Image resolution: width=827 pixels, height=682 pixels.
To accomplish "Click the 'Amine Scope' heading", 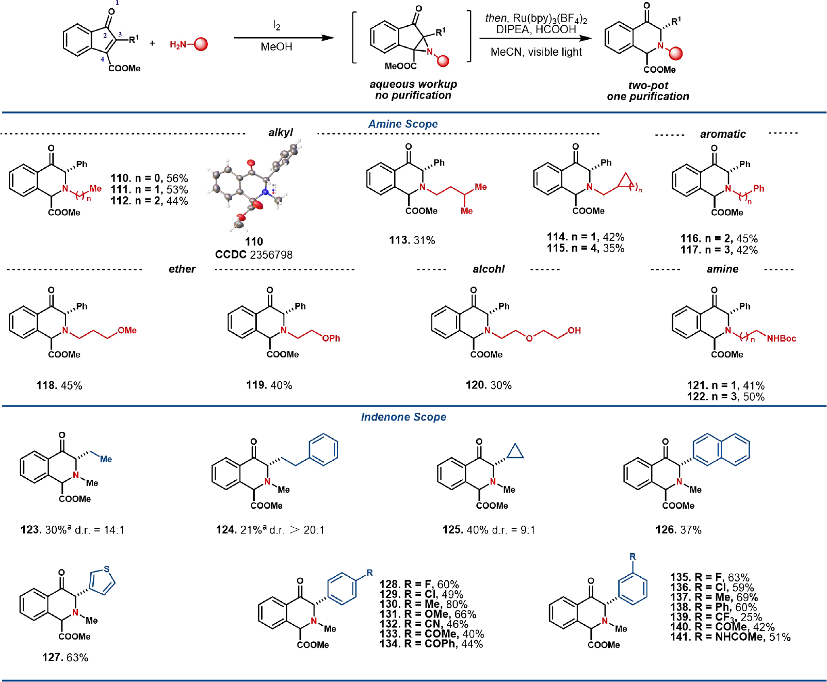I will [x=403, y=124].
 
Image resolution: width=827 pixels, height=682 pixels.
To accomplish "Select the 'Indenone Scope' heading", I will [x=403, y=417].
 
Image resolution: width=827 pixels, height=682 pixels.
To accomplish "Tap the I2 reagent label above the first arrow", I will [x=277, y=25].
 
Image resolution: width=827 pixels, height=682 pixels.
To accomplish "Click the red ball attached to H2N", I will [x=201, y=44].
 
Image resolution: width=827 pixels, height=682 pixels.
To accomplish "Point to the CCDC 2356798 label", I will [x=254, y=255].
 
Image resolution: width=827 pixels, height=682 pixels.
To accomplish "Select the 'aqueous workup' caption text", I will [x=413, y=84].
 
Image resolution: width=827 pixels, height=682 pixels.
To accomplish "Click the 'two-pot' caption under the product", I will [x=648, y=86].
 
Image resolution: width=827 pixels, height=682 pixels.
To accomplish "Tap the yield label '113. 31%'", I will [x=412, y=240].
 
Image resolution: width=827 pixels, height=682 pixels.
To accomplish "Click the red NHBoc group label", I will [x=781, y=338].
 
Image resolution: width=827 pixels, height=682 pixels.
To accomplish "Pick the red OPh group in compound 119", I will [x=331, y=338].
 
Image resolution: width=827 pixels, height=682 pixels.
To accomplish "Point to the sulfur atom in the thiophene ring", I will [x=107, y=570].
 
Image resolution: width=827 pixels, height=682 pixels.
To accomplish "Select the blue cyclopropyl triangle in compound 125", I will [x=515, y=452].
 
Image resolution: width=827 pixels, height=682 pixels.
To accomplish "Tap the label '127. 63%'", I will [x=66, y=657].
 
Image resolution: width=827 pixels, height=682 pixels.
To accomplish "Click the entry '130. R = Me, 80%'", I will [x=424, y=604].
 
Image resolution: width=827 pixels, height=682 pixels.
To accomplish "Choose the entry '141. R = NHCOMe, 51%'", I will [x=731, y=637].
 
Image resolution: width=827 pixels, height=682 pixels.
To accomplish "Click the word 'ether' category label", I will [x=182, y=269].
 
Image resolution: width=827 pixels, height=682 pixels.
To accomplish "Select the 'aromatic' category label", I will [x=723, y=134].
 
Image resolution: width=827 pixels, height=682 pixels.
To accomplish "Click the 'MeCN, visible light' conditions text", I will [x=536, y=52].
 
